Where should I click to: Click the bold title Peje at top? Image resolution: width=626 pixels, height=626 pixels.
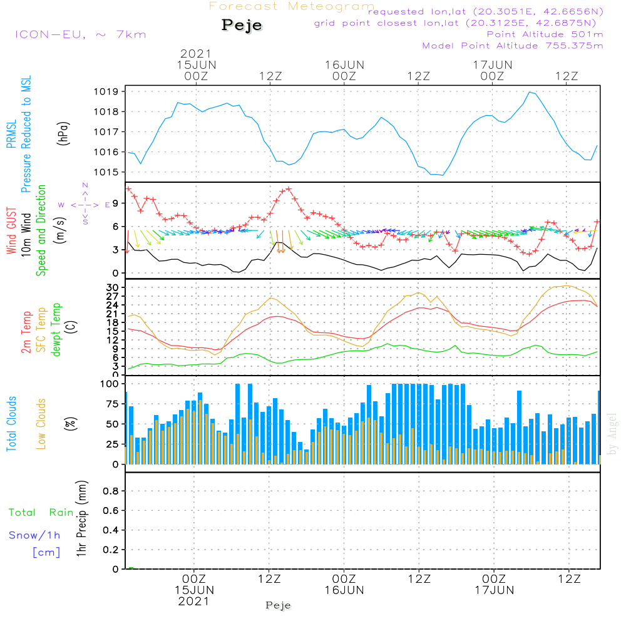242,26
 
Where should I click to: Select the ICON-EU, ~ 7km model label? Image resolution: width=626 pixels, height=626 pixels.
80,34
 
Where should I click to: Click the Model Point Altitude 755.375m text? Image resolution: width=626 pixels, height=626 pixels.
513,46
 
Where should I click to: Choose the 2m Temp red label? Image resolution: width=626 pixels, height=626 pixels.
27,332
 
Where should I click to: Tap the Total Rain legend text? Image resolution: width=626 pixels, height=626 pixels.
41,513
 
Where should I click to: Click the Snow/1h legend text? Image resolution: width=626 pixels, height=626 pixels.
35,535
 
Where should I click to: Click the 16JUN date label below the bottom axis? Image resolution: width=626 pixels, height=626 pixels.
344,590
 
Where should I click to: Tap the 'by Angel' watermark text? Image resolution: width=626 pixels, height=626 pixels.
612,434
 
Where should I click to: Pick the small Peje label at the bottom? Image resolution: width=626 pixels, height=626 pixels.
279,605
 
